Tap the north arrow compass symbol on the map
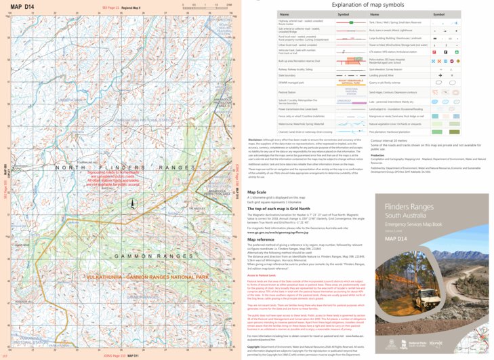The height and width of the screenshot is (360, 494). pyautogui.click(x=133, y=204)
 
